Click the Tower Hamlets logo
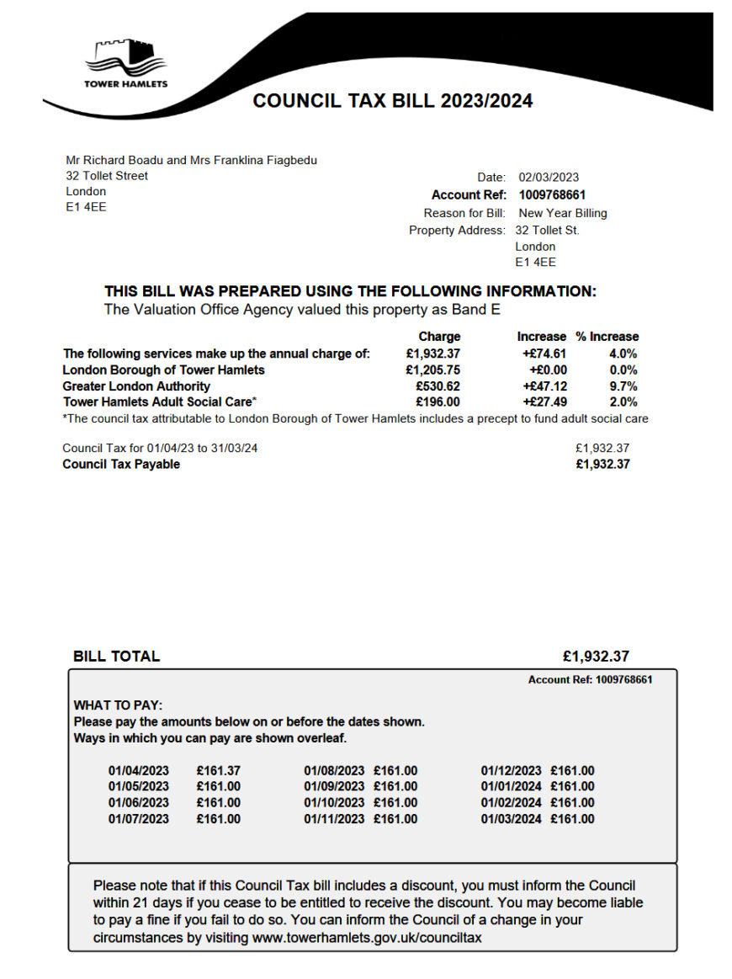point(125,62)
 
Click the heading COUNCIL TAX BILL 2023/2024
point(392,101)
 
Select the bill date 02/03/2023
point(549,178)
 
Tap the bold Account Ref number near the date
point(552,195)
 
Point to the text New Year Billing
point(562,213)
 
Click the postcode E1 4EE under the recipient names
point(86,207)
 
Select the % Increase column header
point(607,336)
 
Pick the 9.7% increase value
point(623,386)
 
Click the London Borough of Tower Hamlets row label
point(163,370)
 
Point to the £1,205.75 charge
point(432,370)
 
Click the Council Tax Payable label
point(121,465)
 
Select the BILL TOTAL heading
point(116,657)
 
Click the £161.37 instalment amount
point(218,771)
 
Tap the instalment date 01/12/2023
point(511,771)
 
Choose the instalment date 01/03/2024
point(511,819)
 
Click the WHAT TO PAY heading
point(118,705)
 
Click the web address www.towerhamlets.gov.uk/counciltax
point(367,937)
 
